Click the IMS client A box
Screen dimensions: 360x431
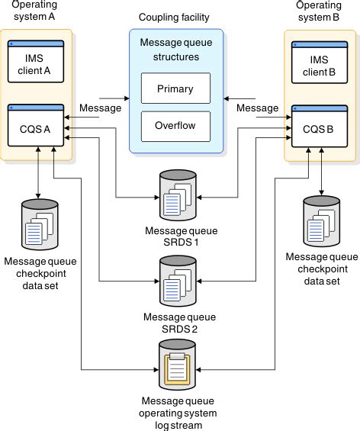point(36,61)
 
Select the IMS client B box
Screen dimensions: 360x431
point(320,63)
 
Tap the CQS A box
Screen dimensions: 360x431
point(36,125)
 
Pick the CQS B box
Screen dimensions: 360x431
point(320,126)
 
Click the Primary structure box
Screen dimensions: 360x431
point(175,88)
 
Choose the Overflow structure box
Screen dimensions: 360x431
point(175,127)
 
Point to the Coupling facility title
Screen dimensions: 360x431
point(174,18)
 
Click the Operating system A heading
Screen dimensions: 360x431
point(34,11)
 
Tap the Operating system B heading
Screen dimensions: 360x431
point(319,11)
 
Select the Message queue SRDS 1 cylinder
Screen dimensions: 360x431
point(178,195)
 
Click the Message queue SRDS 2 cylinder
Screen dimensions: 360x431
point(178,281)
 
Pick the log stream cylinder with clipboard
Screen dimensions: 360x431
point(177,365)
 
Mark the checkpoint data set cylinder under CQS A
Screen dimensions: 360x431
point(40,224)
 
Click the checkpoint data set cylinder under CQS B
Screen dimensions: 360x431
point(322,221)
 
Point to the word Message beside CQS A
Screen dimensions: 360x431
point(101,108)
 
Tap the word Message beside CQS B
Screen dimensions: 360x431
point(258,108)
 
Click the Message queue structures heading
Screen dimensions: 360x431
point(176,50)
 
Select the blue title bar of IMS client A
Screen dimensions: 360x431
point(36,43)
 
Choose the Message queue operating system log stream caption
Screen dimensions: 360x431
point(178,413)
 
